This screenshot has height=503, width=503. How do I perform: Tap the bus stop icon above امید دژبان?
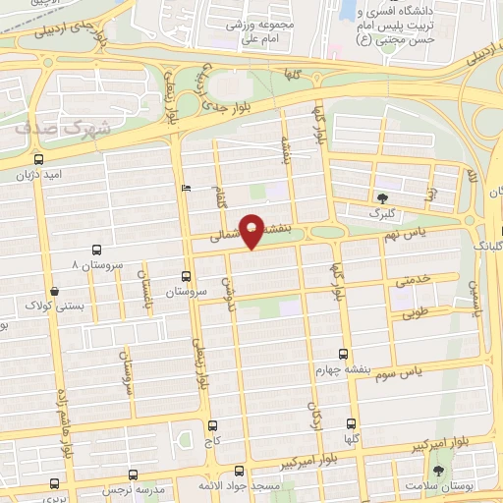click(38, 159)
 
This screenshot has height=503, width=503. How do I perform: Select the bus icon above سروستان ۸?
click(95, 251)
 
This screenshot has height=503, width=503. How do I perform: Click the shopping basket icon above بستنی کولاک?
click(54, 292)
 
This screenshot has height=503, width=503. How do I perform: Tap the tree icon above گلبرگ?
click(381, 197)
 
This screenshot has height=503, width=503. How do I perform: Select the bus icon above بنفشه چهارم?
click(343, 354)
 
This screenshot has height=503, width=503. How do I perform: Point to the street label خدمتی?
click(413, 280)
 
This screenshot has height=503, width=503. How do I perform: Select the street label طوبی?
click(416, 314)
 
